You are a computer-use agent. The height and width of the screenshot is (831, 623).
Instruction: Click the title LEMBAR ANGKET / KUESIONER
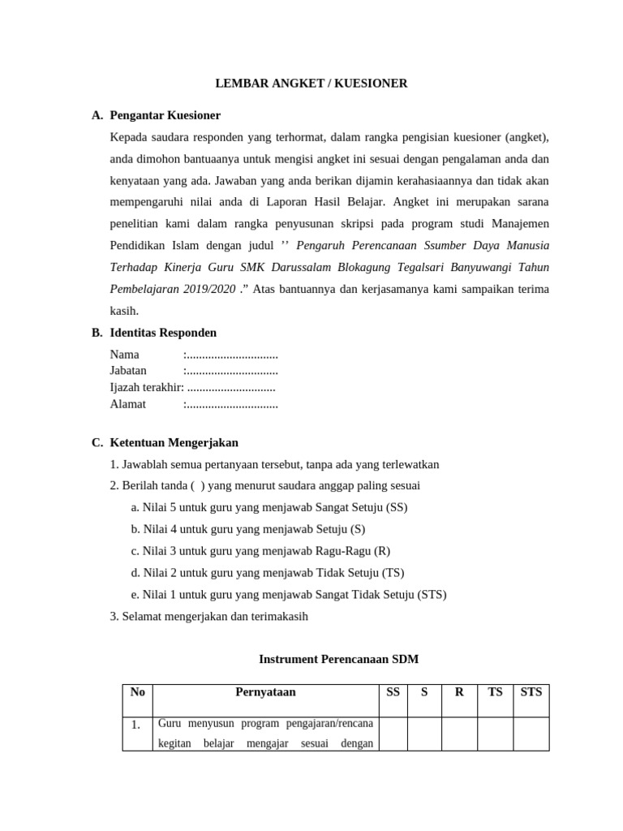(x=311, y=83)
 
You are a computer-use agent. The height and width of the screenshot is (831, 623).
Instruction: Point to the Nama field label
(x=124, y=355)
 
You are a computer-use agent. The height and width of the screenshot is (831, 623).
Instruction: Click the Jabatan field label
(x=128, y=371)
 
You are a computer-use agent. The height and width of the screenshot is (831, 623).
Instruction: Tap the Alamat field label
(x=127, y=404)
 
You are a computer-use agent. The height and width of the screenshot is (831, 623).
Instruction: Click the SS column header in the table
(x=393, y=692)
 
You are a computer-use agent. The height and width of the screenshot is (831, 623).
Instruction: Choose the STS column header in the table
(x=531, y=692)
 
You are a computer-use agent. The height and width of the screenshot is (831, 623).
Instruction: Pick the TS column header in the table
(x=495, y=692)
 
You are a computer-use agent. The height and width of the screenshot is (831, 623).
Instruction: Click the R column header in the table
(x=459, y=692)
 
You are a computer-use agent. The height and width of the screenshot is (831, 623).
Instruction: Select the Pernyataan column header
(x=265, y=692)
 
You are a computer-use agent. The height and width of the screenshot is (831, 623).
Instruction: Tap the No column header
(x=137, y=692)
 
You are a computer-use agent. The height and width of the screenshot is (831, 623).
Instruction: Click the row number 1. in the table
(x=136, y=725)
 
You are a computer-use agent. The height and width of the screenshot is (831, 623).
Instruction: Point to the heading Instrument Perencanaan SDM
(x=337, y=659)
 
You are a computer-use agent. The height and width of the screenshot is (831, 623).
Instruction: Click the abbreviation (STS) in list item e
(x=432, y=594)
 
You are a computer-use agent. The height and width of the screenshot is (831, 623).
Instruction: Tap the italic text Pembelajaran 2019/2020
(x=173, y=289)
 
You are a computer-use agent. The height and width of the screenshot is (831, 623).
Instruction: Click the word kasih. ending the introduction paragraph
(x=124, y=311)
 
